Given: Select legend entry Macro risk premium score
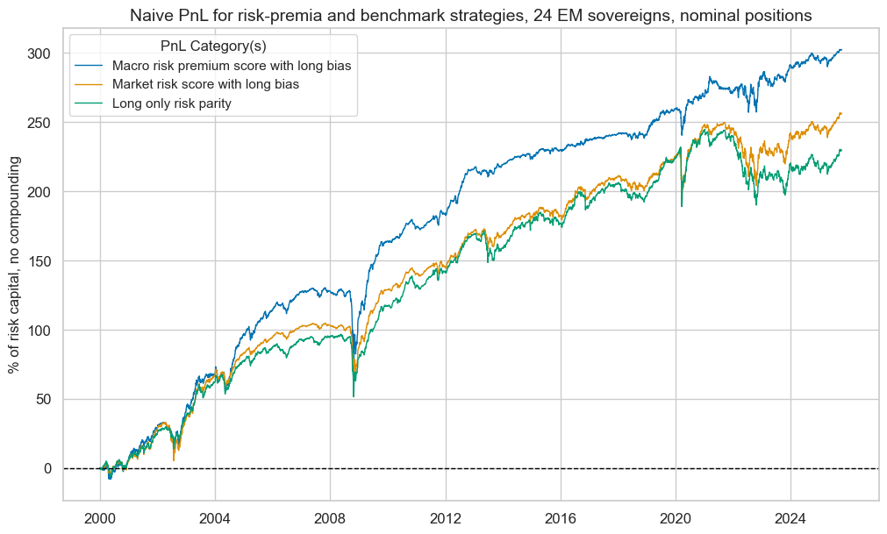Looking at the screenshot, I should click(x=232, y=67).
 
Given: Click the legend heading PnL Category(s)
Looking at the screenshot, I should click(x=212, y=46).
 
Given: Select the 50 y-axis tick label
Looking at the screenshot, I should click(x=45, y=399).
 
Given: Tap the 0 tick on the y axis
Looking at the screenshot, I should click(x=49, y=468).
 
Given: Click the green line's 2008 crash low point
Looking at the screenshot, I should click(x=354, y=396).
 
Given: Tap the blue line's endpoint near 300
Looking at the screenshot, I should click(x=841, y=50).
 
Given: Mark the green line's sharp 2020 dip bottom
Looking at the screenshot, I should click(x=682, y=206).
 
